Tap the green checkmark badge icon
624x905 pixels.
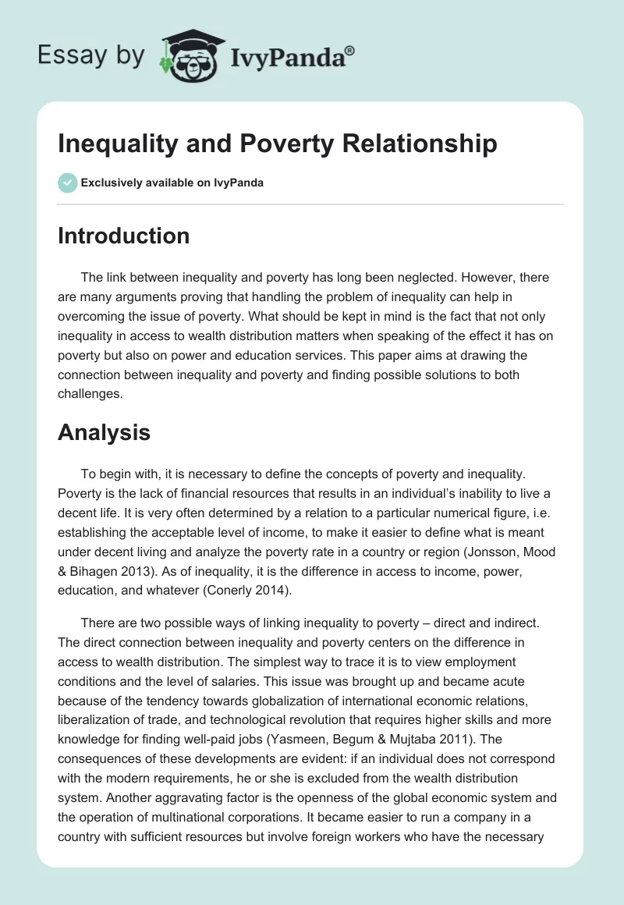pos(67,183)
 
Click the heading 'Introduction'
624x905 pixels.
pos(123,236)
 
